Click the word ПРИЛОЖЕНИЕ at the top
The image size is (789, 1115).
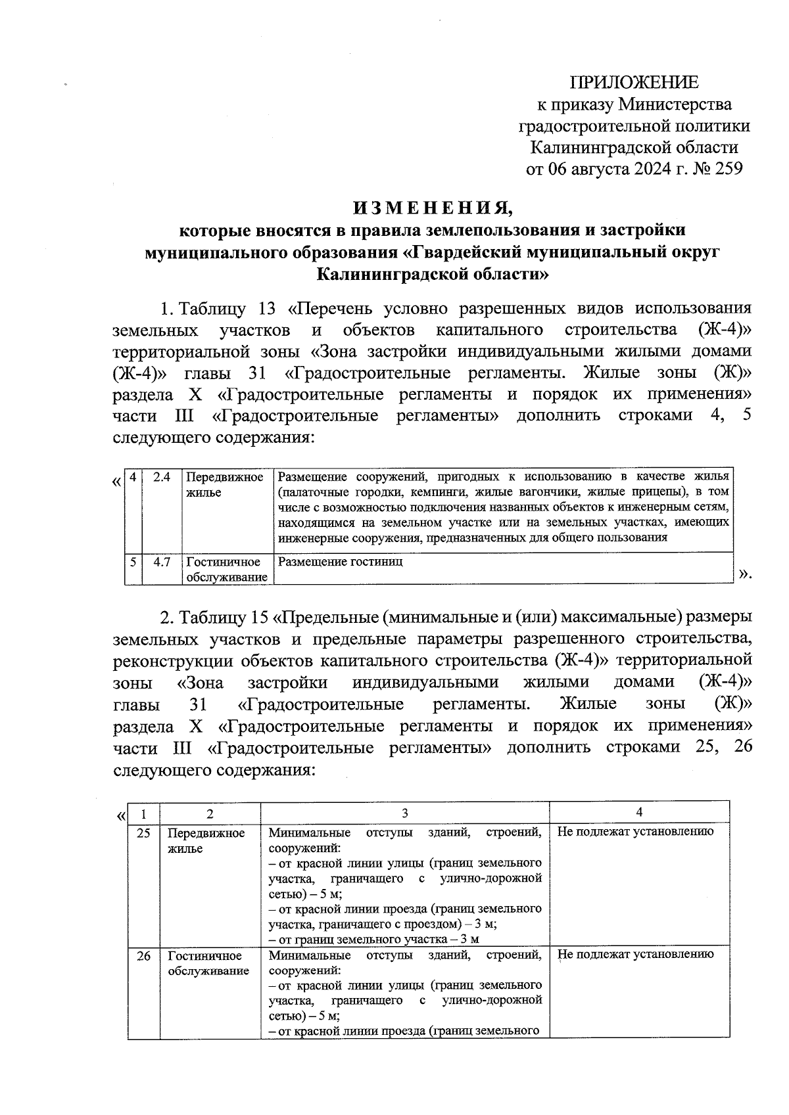[634, 82]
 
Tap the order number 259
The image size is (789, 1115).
[728, 169]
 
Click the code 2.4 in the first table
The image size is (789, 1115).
[162, 477]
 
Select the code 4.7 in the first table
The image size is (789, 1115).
[162, 562]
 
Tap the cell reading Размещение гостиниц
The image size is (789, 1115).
[341, 562]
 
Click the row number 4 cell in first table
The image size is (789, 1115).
[133, 477]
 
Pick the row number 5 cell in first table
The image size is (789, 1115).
[133, 562]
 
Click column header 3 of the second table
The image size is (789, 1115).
[405, 813]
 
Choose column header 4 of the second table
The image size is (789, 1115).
[639, 812]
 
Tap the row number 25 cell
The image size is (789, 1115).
[143, 833]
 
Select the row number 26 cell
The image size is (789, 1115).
[143, 956]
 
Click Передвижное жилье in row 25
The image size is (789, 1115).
[206, 840]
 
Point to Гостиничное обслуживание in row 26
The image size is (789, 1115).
[208, 963]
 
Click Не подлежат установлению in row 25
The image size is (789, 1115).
[635, 832]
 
